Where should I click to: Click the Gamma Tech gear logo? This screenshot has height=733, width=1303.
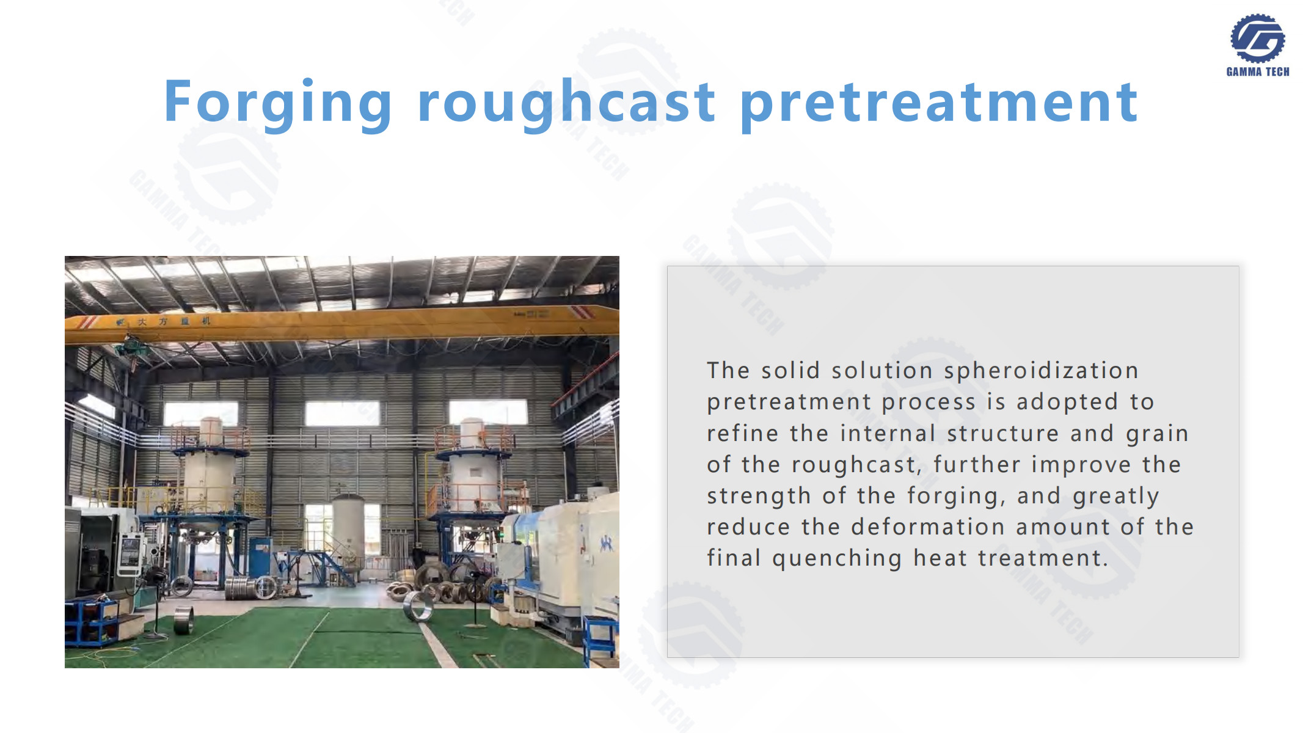[x=1257, y=38]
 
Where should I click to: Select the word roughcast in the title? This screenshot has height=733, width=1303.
[x=567, y=103]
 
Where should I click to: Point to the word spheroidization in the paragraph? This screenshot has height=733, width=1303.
[x=1041, y=371]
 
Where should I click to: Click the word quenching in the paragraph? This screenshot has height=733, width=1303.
[x=837, y=559]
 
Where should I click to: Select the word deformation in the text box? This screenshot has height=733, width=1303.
[x=928, y=527]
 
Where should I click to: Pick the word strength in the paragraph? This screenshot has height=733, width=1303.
[x=759, y=497]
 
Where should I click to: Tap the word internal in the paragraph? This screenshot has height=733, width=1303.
[x=888, y=433]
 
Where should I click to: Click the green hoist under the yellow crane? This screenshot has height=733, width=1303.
[x=133, y=347]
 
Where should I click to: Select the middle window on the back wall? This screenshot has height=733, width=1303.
[x=342, y=413]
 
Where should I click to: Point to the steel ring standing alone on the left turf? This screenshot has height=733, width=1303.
[x=184, y=620]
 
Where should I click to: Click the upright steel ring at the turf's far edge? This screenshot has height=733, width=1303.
[x=418, y=606]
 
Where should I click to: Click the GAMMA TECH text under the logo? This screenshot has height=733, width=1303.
[x=1258, y=71]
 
